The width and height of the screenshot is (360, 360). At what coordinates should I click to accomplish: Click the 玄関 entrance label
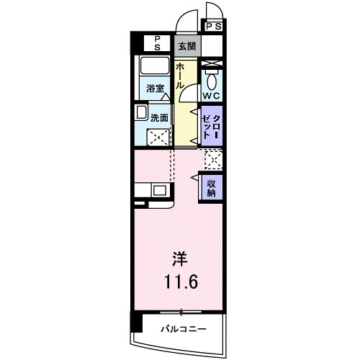(x=187, y=46)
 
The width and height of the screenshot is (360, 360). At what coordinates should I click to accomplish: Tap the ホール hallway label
(x=180, y=76)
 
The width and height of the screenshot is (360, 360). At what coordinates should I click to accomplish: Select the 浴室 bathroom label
(x=156, y=89)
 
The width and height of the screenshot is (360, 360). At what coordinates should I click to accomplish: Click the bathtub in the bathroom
(x=155, y=66)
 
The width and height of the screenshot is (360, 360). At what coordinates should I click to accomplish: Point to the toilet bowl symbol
(x=212, y=81)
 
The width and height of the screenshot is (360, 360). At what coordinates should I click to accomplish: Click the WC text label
(x=212, y=96)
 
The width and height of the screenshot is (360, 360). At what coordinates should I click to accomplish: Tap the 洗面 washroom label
(x=159, y=117)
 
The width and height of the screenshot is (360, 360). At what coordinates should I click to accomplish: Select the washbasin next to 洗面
(x=141, y=112)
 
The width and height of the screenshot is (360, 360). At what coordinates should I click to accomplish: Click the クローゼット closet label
(x=211, y=127)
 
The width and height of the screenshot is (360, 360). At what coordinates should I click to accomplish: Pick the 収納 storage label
(x=212, y=188)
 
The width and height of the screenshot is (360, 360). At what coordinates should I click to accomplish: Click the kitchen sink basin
(x=158, y=191)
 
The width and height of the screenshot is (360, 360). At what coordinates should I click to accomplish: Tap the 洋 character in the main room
(x=180, y=259)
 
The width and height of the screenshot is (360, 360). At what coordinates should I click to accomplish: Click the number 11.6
(x=181, y=282)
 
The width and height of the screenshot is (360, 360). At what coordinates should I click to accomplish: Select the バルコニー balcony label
(x=184, y=328)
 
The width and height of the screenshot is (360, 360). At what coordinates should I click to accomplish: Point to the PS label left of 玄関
(x=157, y=43)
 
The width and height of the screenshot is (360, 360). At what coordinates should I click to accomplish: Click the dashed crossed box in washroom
(x=158, y=138)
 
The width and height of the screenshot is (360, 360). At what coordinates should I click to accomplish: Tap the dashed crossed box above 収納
(x=214, y=160)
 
